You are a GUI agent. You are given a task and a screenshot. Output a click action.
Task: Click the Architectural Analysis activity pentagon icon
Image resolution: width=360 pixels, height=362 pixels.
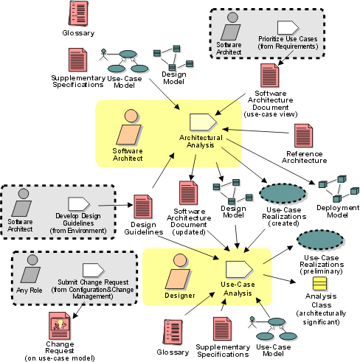point(204,122)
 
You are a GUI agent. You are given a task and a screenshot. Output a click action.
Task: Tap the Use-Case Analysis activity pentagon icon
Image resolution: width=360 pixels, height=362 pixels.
point(239,269)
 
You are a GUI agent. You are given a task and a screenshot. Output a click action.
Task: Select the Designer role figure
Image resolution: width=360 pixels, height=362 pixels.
point(179,271)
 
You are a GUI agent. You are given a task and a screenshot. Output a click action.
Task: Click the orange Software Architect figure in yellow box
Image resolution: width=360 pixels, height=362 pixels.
point(129,127)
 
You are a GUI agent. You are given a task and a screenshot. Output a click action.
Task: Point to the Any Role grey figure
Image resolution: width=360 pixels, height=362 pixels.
point(30,268)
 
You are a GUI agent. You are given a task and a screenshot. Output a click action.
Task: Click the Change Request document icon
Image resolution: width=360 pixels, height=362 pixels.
point(60,326)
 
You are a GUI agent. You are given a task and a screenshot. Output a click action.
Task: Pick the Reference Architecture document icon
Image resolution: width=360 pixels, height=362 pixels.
point(304,136)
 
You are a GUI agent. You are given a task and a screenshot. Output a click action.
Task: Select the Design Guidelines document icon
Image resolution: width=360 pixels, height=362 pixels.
point(143,206)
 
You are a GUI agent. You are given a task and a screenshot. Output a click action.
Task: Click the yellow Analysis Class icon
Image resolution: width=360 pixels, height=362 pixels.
point(319,284)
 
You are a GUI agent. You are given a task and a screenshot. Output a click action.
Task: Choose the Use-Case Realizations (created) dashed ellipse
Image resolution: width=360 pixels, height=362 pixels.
point(283,193)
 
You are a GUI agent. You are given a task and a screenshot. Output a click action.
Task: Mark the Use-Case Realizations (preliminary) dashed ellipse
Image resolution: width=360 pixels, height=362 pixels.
point(320,240)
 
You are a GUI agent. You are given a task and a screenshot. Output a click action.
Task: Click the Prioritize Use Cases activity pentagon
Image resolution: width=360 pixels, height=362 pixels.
point(288,27)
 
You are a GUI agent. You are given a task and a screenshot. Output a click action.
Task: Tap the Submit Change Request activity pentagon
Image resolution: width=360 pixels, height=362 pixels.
point(94,270)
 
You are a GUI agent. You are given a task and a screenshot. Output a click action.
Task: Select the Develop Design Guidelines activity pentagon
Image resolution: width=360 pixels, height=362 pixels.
point(79,204)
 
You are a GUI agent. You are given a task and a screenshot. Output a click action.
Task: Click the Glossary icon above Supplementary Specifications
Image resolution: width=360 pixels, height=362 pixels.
point(78,13)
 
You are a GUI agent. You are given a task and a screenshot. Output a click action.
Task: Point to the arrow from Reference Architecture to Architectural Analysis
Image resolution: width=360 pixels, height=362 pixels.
point(255,131)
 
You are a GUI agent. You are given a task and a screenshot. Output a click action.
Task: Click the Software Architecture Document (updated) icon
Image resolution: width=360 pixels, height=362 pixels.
point(188,192)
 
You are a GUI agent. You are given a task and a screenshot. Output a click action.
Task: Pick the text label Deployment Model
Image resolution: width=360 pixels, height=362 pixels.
point(338,212)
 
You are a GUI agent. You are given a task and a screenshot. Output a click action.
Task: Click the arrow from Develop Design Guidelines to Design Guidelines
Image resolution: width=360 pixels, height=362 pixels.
point(116,205)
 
